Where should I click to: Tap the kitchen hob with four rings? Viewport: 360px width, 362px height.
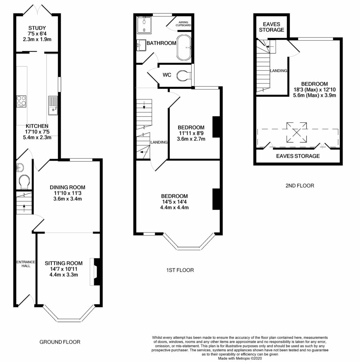pos(21,101)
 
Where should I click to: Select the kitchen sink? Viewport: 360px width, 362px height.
pos(53,105)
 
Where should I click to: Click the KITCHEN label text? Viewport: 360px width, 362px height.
pos(37,126)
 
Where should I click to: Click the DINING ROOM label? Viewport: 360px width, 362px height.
pos(68,187)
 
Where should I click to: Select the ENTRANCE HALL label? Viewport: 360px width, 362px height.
pos(25,264)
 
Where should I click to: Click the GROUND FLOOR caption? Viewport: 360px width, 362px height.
pos(60,342)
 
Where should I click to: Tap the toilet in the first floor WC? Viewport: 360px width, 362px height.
pos(184,75)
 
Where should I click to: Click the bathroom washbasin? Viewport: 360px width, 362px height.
pos(141,45)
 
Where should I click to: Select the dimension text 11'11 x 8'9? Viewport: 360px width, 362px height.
pos(191,133)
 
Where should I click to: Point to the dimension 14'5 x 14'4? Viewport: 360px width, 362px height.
pos(174,202)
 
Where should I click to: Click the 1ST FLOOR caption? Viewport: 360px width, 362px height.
pos(180,270)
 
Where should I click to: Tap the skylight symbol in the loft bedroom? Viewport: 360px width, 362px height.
pos(296,132)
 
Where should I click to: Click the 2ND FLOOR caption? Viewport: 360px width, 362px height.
pos(299,185)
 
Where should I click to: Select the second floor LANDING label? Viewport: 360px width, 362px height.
pos(279,71)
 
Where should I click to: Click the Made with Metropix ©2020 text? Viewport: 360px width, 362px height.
pos(240,358)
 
